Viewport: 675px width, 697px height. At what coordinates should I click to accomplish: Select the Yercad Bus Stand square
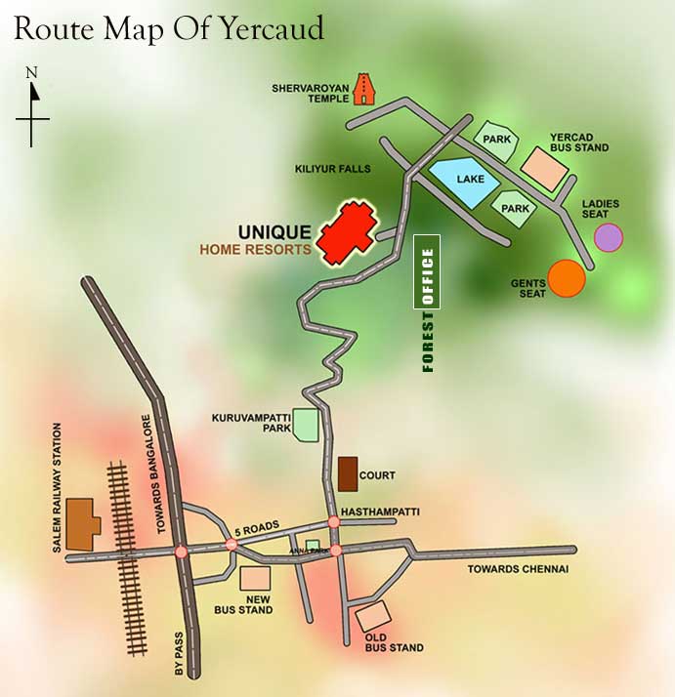545,168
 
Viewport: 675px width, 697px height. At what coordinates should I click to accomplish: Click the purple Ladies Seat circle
609,237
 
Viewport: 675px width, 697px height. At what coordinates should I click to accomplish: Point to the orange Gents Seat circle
567,278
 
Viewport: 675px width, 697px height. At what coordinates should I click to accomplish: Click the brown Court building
347,474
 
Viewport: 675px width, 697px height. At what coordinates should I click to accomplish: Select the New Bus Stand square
256,579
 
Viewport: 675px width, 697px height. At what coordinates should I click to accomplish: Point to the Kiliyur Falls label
332,169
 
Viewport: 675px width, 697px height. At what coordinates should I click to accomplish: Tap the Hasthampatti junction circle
334,522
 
